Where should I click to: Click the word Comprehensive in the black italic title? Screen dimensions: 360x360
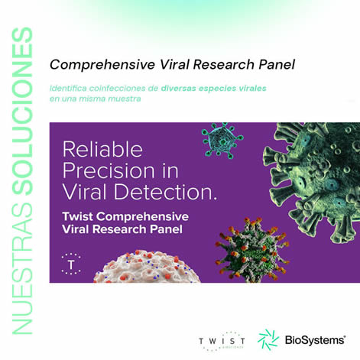pos(102,65)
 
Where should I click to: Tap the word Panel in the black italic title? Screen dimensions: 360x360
pos(277,64)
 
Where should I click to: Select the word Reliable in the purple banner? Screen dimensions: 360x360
pos(102,150)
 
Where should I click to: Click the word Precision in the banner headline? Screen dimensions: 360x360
pos(109,171)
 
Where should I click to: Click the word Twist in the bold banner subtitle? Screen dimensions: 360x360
pos(78,217)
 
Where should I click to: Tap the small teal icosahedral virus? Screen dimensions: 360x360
pos(222,141)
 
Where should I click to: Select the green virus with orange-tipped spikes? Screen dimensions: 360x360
pos(252,250)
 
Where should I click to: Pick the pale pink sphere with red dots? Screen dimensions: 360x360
pos(148,267)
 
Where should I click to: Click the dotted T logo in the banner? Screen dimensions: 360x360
pos(71,264)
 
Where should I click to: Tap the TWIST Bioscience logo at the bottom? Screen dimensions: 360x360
pos(222,342)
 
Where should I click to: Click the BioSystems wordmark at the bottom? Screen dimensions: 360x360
pos(315,340)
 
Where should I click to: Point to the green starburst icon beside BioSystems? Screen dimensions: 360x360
pos(268,340)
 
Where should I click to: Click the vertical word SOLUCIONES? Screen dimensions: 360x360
pos(22,111)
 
